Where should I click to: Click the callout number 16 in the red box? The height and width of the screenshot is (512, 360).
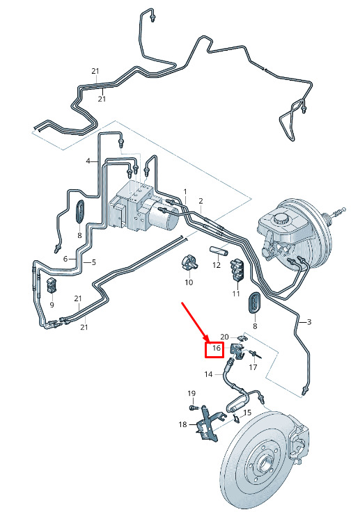coord(216,349)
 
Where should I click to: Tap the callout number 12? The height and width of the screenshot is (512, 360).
coord(217,265)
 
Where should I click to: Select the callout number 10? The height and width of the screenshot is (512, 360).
coord(189,282)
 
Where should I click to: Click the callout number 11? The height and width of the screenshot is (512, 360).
coord(236,294)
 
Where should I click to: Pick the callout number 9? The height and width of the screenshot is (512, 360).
coord(52,305)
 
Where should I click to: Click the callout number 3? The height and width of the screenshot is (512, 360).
coord(309,322)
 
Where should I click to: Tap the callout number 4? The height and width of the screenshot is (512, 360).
coord(88,161)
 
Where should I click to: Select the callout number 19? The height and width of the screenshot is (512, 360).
coord(191,394)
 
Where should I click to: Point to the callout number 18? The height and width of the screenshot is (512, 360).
coord(182,424)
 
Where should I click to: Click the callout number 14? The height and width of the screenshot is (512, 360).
coord(209,374)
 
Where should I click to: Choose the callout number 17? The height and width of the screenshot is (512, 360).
coord(253,367)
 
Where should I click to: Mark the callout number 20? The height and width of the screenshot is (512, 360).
coord(225,337)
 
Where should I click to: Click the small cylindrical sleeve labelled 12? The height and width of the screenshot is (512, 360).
coord(219,252)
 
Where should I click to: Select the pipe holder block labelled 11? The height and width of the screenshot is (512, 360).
coord(237,269)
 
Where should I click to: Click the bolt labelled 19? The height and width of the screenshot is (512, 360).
coord(193,408)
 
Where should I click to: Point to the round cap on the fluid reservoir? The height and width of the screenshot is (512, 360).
coord(281,218)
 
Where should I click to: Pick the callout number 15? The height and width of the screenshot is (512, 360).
coord(247,413)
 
